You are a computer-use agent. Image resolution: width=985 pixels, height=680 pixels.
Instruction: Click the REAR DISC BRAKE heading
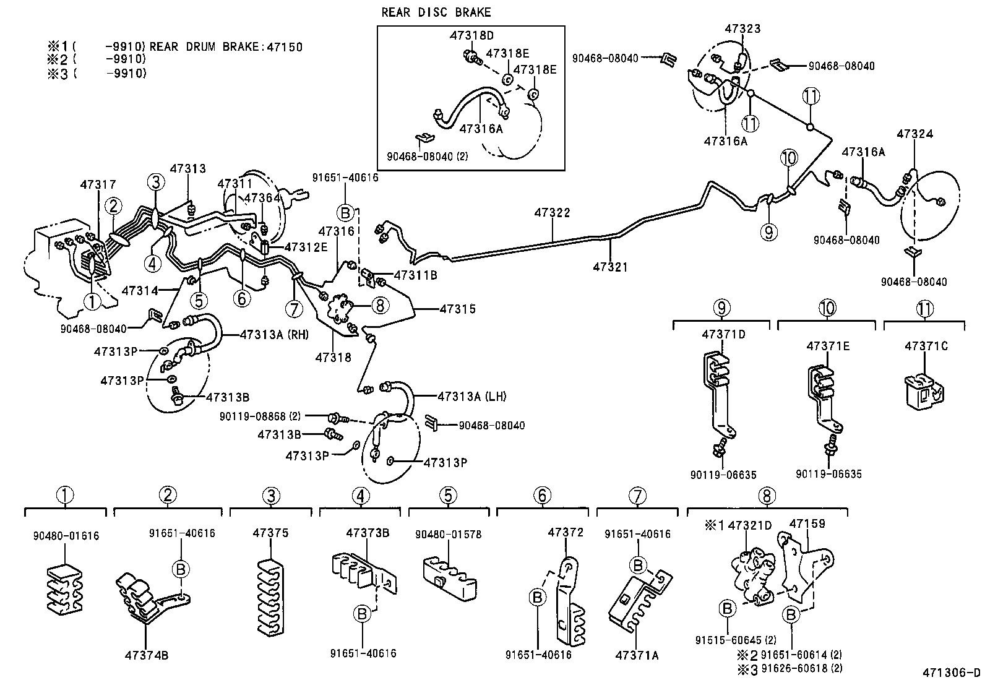point(436,12)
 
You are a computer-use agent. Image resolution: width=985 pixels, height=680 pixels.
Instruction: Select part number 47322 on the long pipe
point(553,213)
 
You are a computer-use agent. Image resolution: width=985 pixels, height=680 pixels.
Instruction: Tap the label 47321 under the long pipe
point(610,267)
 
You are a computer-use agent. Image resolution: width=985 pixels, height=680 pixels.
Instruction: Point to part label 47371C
point(926,346)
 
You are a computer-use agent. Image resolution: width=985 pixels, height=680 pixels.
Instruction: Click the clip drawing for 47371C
point(924,390)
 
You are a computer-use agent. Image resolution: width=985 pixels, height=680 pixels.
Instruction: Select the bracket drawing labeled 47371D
point(719,396)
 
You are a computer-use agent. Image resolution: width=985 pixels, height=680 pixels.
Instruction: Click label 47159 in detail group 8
point(806,523)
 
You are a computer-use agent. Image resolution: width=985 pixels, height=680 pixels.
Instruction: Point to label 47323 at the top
point(742,29)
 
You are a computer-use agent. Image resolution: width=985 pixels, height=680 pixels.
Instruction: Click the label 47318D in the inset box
point(471,36)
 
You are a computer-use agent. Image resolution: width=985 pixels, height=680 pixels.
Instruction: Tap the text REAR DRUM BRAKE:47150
point(226,46)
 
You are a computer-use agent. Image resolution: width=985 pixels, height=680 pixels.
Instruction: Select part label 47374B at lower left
point(146,655)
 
